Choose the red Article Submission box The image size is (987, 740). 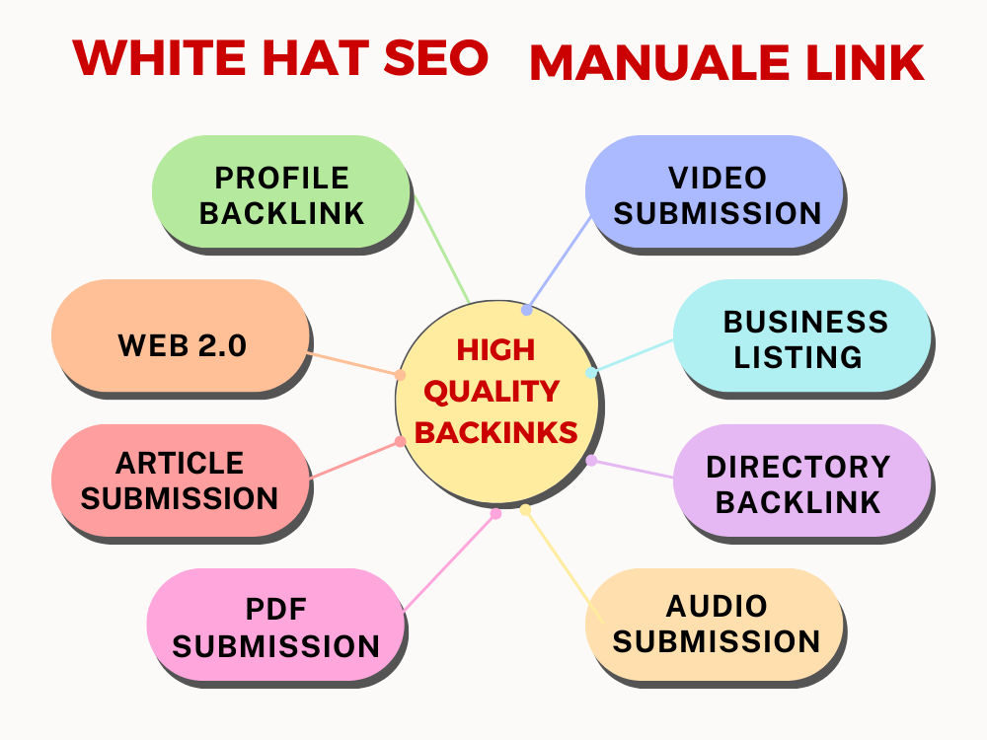(181, 481)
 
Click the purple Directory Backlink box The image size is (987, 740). (801, 481)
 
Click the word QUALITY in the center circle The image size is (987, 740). (492, 392)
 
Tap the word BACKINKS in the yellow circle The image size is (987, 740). (496, 432)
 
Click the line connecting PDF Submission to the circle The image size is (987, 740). (450, 562)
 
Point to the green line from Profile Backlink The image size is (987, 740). (441, 250)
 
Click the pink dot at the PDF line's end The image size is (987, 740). (496, 513)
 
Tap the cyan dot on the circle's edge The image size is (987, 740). (590, 373)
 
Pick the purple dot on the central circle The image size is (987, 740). (591, 460)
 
